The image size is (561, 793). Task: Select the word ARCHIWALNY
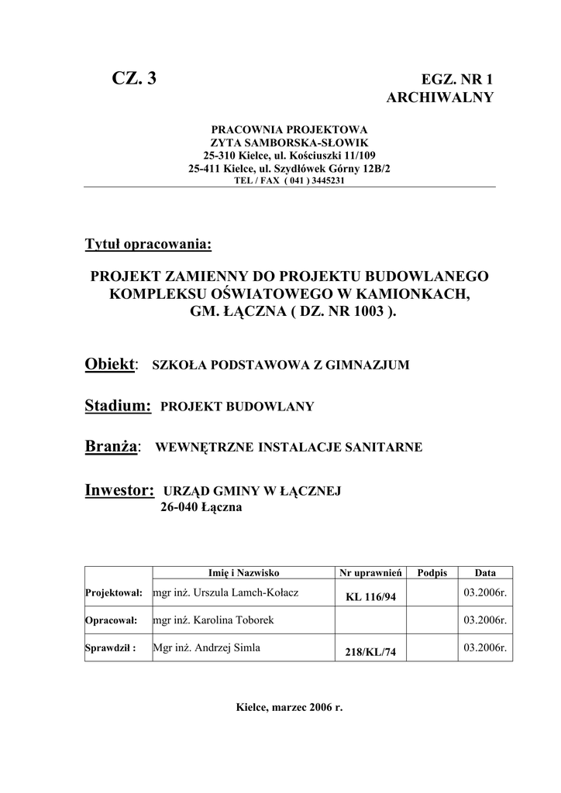(x=439, y=98)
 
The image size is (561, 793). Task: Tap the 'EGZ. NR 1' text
(x=456, y=79)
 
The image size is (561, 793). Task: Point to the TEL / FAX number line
(x=289, y=180)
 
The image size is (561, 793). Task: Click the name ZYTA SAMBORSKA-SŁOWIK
(x=289, y=142)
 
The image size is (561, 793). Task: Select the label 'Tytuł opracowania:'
(x=147, y=245)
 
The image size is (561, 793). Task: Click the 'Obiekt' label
(x=110, y=364)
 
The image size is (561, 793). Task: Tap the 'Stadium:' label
(x=117, y=406)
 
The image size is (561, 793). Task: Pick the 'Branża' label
(x=112, y=447)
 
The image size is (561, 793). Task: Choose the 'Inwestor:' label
(x=119, y=489)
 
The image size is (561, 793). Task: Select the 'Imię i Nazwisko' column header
(x=243, y=573)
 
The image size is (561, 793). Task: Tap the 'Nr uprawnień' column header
(x=370, y=573)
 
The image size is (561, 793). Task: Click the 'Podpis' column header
(x=432, y=573)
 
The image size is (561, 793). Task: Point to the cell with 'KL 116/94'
(x=370, y=596)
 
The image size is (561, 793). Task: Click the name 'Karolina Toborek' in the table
(x=232, y=620)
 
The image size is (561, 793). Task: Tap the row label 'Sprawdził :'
(x=111, y=649)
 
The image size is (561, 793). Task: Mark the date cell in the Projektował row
(x=484, y=592)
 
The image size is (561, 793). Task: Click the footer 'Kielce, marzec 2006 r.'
(x=288, y=708)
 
